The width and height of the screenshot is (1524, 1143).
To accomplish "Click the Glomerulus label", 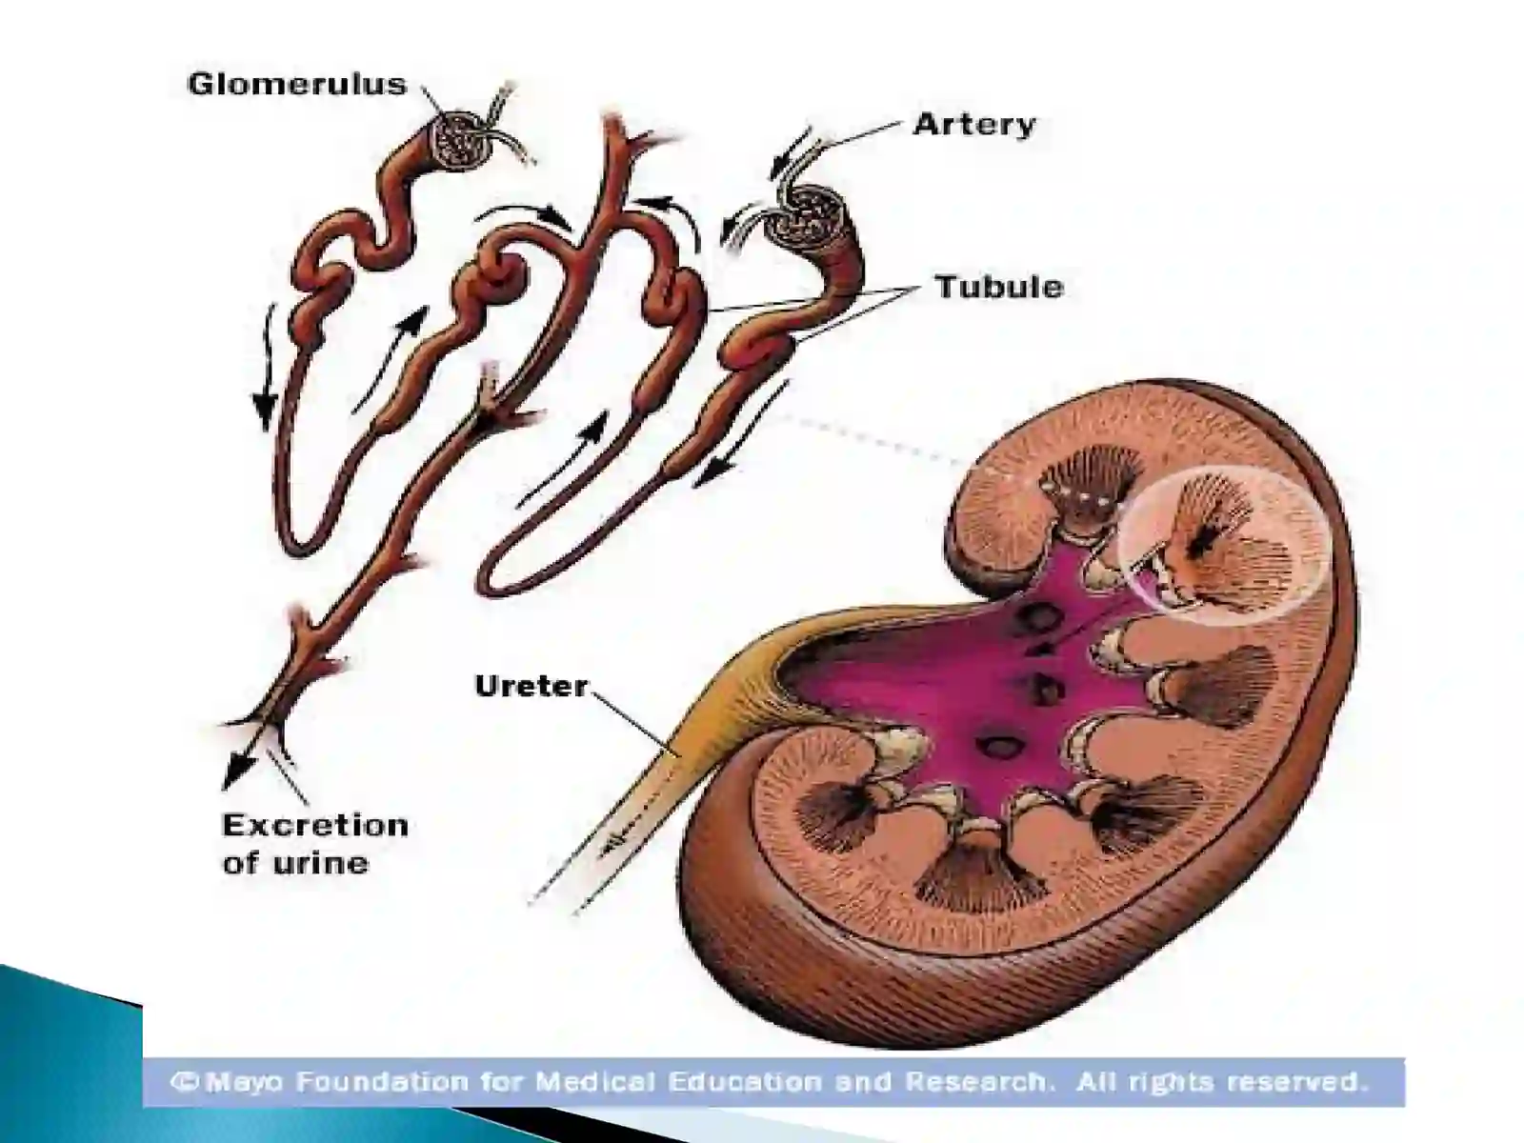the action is [x=296, y=85].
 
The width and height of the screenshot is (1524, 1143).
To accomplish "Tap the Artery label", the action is [x=974, y=125].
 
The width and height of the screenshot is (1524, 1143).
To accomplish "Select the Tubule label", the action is [x=998, y=287].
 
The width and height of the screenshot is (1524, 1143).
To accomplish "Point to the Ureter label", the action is [x=531, y=686].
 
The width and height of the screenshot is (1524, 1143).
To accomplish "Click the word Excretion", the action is [x=315, y=826].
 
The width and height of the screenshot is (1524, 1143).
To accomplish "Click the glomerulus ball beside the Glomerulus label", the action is [x=461, y=143].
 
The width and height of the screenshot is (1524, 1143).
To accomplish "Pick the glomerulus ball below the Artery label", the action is [x=812, y=216].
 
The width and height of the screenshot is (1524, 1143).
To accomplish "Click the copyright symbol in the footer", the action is [x=186, y=1082].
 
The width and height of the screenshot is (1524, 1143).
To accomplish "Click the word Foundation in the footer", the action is [x=381, y=1081].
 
